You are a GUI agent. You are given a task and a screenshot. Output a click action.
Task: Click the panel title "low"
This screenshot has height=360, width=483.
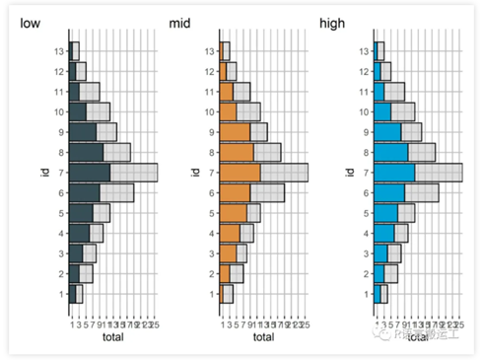tap(31, 22)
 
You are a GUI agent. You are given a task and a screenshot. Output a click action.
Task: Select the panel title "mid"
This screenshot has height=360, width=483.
tap(180, 22)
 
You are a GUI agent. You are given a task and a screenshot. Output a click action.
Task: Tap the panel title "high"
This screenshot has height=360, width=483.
tap(332, 22)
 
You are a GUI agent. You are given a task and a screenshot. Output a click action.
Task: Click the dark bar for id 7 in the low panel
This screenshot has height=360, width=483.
tap(91, 173)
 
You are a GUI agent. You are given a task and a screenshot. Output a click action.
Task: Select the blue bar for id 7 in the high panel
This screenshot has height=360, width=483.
tap(395, 173)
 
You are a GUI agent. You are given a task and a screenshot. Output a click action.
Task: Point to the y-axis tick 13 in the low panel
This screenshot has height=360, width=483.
tap(59, 51)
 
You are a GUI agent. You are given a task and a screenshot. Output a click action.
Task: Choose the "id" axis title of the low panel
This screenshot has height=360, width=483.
tap(45, 173)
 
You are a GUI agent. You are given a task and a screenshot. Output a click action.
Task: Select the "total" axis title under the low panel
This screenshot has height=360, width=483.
tap(112, 337)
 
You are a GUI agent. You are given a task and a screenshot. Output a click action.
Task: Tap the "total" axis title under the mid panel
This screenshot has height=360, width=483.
tap(263, 337)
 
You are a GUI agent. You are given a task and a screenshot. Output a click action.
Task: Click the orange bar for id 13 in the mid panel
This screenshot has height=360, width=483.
tap(224, 51)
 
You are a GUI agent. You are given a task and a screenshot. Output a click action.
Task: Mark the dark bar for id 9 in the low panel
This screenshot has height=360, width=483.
tap(84, 132)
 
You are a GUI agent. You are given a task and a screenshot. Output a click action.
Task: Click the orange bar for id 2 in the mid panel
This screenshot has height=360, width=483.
tap(226, 273)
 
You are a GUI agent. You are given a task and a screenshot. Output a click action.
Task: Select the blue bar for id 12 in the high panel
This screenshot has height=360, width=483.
tap(378, 71)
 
